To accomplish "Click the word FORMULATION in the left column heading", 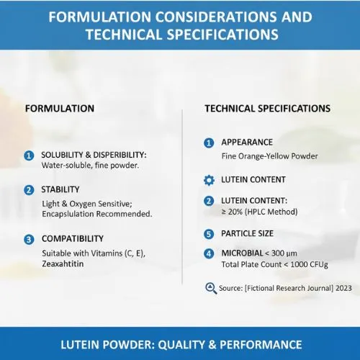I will click(x=60, y=109).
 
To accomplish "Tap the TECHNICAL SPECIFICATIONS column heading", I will click(x=268, y=109).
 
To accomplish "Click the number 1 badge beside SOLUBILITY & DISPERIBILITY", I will click(x=29, y=156).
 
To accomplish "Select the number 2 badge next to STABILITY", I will click(x=29, y=190).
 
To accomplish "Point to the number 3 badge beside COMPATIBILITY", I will click(x=29, y=239).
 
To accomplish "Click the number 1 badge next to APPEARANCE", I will click(x=209, y=143).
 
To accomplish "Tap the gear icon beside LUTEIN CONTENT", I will click(x=209, y=179).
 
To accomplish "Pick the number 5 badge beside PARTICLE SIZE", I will click(x=209, y=234).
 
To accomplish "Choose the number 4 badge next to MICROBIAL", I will click(x=209, y=253).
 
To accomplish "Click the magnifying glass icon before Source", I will click(x=210, y=288).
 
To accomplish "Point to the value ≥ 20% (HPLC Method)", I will click(x=258, y=212).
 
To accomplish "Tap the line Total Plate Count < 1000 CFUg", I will click(x=275, y=265).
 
